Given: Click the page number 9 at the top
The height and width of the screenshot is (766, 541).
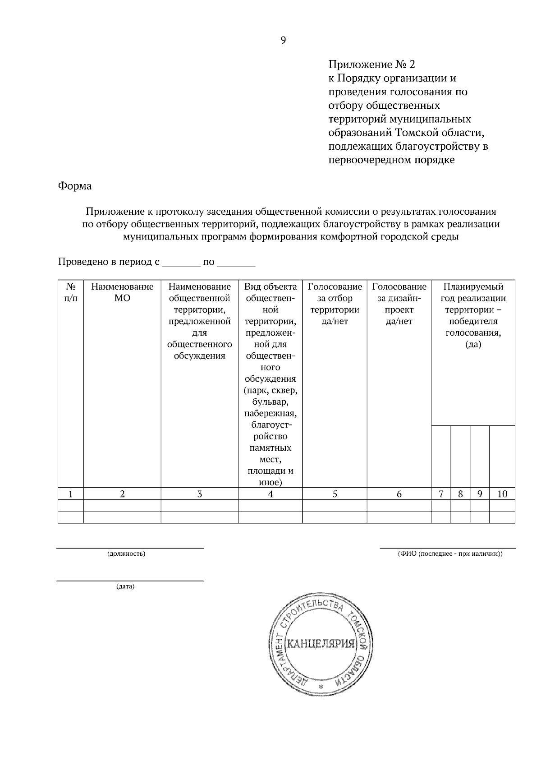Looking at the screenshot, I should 283,41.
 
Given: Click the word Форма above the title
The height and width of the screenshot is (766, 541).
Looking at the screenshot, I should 75,186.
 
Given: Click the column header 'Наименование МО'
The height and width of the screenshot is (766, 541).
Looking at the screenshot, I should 122,292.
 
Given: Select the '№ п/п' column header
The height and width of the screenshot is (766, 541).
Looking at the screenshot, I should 71,292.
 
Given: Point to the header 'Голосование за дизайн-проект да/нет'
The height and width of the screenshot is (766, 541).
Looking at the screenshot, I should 399,304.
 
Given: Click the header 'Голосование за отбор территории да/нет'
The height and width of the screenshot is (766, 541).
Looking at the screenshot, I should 335,304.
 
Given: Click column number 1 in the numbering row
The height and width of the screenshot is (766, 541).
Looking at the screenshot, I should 71,494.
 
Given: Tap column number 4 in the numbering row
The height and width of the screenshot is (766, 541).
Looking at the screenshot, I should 270,494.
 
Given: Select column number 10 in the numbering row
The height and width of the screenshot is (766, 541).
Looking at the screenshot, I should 502,494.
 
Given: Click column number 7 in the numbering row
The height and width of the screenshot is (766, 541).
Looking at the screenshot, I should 441,494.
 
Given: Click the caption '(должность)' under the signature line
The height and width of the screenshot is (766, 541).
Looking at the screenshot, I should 126,554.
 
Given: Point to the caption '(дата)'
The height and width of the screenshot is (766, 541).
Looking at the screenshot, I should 125,586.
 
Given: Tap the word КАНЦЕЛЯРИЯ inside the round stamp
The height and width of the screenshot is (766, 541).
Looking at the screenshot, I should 321,643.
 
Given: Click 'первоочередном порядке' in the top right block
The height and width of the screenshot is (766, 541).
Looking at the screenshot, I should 391,160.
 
